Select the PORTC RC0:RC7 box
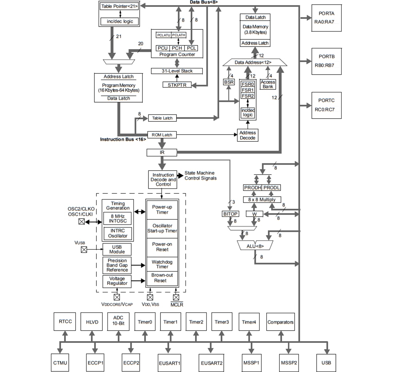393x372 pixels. tap(326, 105)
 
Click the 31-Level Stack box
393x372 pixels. tap(177, 71)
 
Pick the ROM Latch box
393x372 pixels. tap(162, 135)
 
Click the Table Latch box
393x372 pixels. tap(162, 118)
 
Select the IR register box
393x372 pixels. tap(162, 152)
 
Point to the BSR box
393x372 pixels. tap(229, 82)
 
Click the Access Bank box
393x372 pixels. tap(268, 84)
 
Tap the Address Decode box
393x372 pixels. tap(247, 135)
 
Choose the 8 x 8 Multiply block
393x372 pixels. tap(262, 200)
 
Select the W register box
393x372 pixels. tap(254, 214)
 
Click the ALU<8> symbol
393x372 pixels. tap(255, 246)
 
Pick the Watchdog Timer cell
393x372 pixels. tap(162, 264)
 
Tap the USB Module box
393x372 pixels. tap(117, 249)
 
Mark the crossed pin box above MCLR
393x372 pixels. tap(176, 297)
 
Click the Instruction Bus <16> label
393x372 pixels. tap(123, 140)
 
